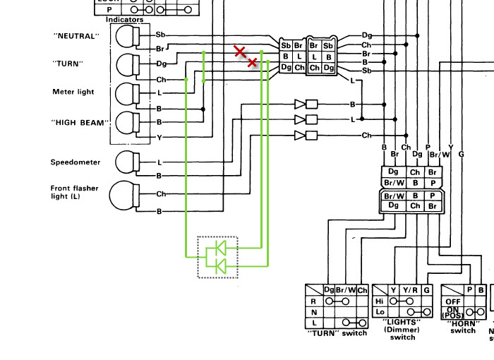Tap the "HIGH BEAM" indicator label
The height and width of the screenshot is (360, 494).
point(80,122)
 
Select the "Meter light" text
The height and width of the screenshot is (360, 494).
point(73,92)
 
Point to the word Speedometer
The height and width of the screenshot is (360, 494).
point(75,162)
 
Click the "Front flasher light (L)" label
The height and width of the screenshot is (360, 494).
point(74,193)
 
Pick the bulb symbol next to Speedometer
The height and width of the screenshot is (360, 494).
point(128,162)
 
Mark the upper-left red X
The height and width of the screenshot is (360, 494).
point(240,51)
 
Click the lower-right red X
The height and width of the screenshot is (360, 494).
point(252,62)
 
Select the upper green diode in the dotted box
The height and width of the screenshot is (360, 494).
point(219,248)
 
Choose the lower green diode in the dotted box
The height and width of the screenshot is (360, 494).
point(219,265)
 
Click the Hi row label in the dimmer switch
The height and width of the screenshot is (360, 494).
point(378,301)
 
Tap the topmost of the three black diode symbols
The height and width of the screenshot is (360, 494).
point(301,104)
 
